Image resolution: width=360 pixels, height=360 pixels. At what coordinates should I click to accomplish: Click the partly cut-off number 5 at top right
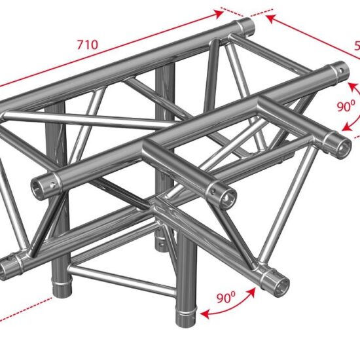click(x=356, y=46)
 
